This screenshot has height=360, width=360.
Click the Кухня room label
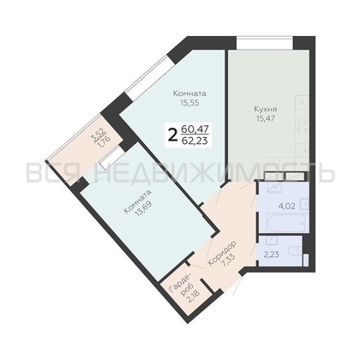click(266, 110)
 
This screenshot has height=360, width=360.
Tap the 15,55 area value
click(189, 103)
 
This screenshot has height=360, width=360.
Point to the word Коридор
click(222, 254)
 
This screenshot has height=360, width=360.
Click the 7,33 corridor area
click(228, 260)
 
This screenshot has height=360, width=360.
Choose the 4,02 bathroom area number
click(286, 206)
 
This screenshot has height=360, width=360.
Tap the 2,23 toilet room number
click(271, 255)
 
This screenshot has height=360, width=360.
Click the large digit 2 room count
click(172, 135)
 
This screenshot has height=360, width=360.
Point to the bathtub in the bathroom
click(286, 223)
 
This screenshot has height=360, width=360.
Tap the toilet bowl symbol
click(295, 252)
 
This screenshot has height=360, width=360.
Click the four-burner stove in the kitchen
click(303, 127)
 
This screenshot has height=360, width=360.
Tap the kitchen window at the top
click(265, 43)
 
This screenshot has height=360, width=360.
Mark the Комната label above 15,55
click(189, 93)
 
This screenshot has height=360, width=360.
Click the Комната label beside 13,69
click(137, 201)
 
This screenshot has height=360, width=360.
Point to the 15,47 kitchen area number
click(266, 118)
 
